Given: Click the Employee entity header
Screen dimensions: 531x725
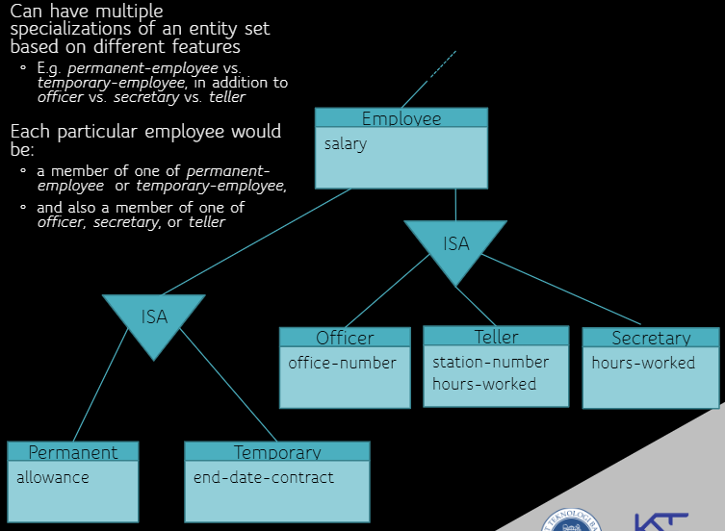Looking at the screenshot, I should click(401, 118).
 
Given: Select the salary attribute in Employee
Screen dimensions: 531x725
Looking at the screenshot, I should click(346, 144).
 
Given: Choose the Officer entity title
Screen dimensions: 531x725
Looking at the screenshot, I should click(345, 338).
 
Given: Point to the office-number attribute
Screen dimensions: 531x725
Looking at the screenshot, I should click(342, 363).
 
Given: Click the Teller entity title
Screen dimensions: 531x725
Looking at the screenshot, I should click(496, 337).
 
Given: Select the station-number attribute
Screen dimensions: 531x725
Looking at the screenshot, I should click(490, 362).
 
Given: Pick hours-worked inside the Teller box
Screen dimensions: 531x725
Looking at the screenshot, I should click(484, 384).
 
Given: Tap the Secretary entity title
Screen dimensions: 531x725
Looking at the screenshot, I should click(651, 338).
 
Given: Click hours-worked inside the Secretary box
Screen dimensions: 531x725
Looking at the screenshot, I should click(643, 363).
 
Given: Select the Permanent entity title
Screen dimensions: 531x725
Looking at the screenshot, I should click(73, 452).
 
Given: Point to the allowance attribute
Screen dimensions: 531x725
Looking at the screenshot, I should click(53, 477).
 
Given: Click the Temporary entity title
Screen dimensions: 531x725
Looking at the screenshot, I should click(277, 452).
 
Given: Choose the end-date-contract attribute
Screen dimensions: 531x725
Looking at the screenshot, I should click(264, 477).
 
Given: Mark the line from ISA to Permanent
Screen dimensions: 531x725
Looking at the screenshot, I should click(100, 394).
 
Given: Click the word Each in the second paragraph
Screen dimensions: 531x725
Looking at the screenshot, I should click(28, 132).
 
